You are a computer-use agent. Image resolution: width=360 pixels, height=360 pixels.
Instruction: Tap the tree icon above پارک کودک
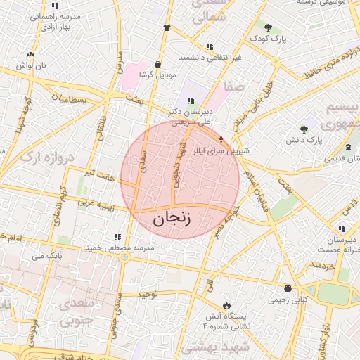pos(268,27)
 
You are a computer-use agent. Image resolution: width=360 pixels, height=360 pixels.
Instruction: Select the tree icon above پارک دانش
pos(304,129)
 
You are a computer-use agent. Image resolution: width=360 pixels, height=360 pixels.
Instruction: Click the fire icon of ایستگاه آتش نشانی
pos(226,305)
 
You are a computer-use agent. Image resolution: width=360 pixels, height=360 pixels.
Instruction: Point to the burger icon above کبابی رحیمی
pos(288,288)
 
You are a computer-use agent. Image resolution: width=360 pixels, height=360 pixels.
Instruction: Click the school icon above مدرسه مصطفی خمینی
pos(117,237)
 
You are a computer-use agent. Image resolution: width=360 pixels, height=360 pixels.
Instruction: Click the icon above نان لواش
pos(30,54)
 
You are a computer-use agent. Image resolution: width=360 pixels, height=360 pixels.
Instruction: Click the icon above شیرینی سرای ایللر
pos(222,139)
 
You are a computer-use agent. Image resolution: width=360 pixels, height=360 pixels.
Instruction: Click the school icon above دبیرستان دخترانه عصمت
pos(342,229)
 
